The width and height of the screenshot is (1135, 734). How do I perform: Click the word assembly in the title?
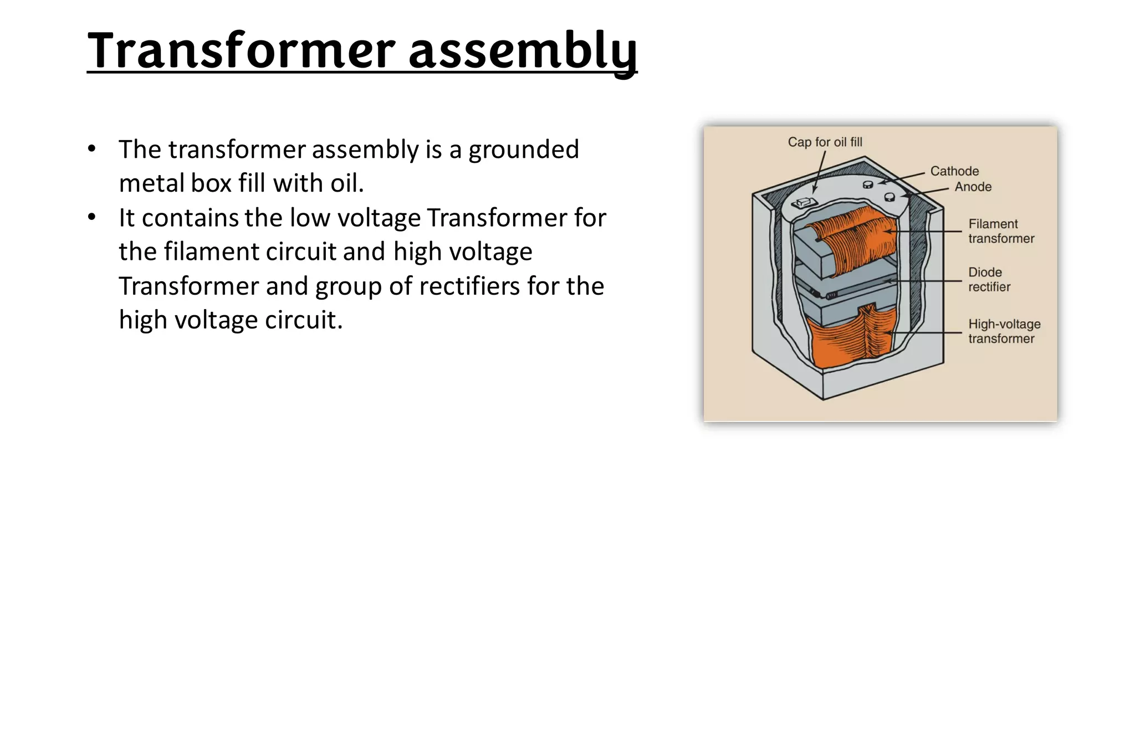(x=522, y=51)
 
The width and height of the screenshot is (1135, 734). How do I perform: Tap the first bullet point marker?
(x=92, y=150)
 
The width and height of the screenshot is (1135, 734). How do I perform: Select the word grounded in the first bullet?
(x=524, y=150)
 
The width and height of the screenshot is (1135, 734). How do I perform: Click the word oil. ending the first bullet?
(x=347, y=183)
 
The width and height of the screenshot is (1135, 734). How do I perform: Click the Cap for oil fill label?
(x=825, y=142)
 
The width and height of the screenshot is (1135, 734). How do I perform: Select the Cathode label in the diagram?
(x=954, y=171)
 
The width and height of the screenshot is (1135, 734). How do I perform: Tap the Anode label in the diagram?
(x=973, y=187)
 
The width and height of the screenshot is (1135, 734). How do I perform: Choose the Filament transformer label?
(x=1001, y=232)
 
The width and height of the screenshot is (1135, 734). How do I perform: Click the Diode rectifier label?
(x=989, y=280)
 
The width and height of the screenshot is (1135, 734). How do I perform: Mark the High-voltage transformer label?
(x=1004, y=331)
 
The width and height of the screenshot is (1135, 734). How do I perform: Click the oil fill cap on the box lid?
(x=801, y=204)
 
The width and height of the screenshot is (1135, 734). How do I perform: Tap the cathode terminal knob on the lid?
(x=868, y=184)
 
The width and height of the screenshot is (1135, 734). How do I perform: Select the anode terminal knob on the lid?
(x=889, y=197)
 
